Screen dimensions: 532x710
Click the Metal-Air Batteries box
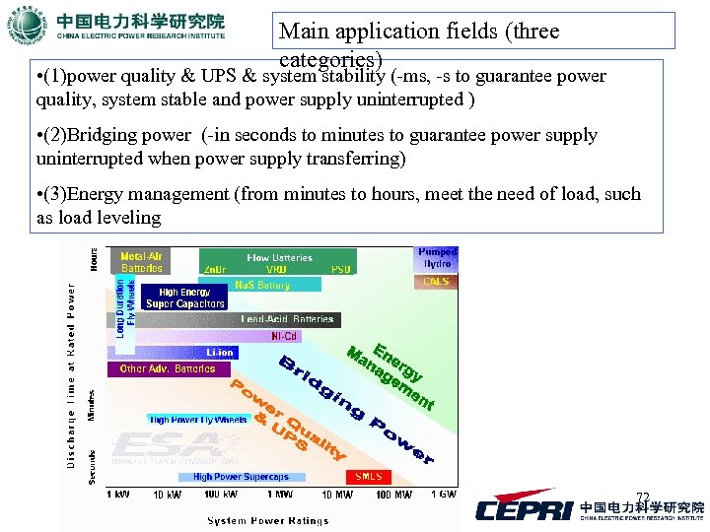(141, 262)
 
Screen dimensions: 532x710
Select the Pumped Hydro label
(437, 258)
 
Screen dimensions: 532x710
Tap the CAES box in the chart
(436, 282)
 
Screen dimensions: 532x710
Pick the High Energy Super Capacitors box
(185, 298)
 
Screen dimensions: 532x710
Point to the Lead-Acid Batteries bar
(287, 319)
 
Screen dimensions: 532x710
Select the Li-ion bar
(219, 353)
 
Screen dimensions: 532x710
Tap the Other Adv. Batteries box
(168, 369)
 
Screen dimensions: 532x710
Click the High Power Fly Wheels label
(198, 420)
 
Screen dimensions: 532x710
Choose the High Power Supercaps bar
(241, 477)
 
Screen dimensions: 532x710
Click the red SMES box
(368, 477)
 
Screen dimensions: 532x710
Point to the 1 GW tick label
(443, 495)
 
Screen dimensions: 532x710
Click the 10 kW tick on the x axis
(166, 495)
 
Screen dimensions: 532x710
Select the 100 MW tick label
(394, 495)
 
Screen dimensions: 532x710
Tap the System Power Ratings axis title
(266, 520)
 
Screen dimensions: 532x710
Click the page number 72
(643, 498)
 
